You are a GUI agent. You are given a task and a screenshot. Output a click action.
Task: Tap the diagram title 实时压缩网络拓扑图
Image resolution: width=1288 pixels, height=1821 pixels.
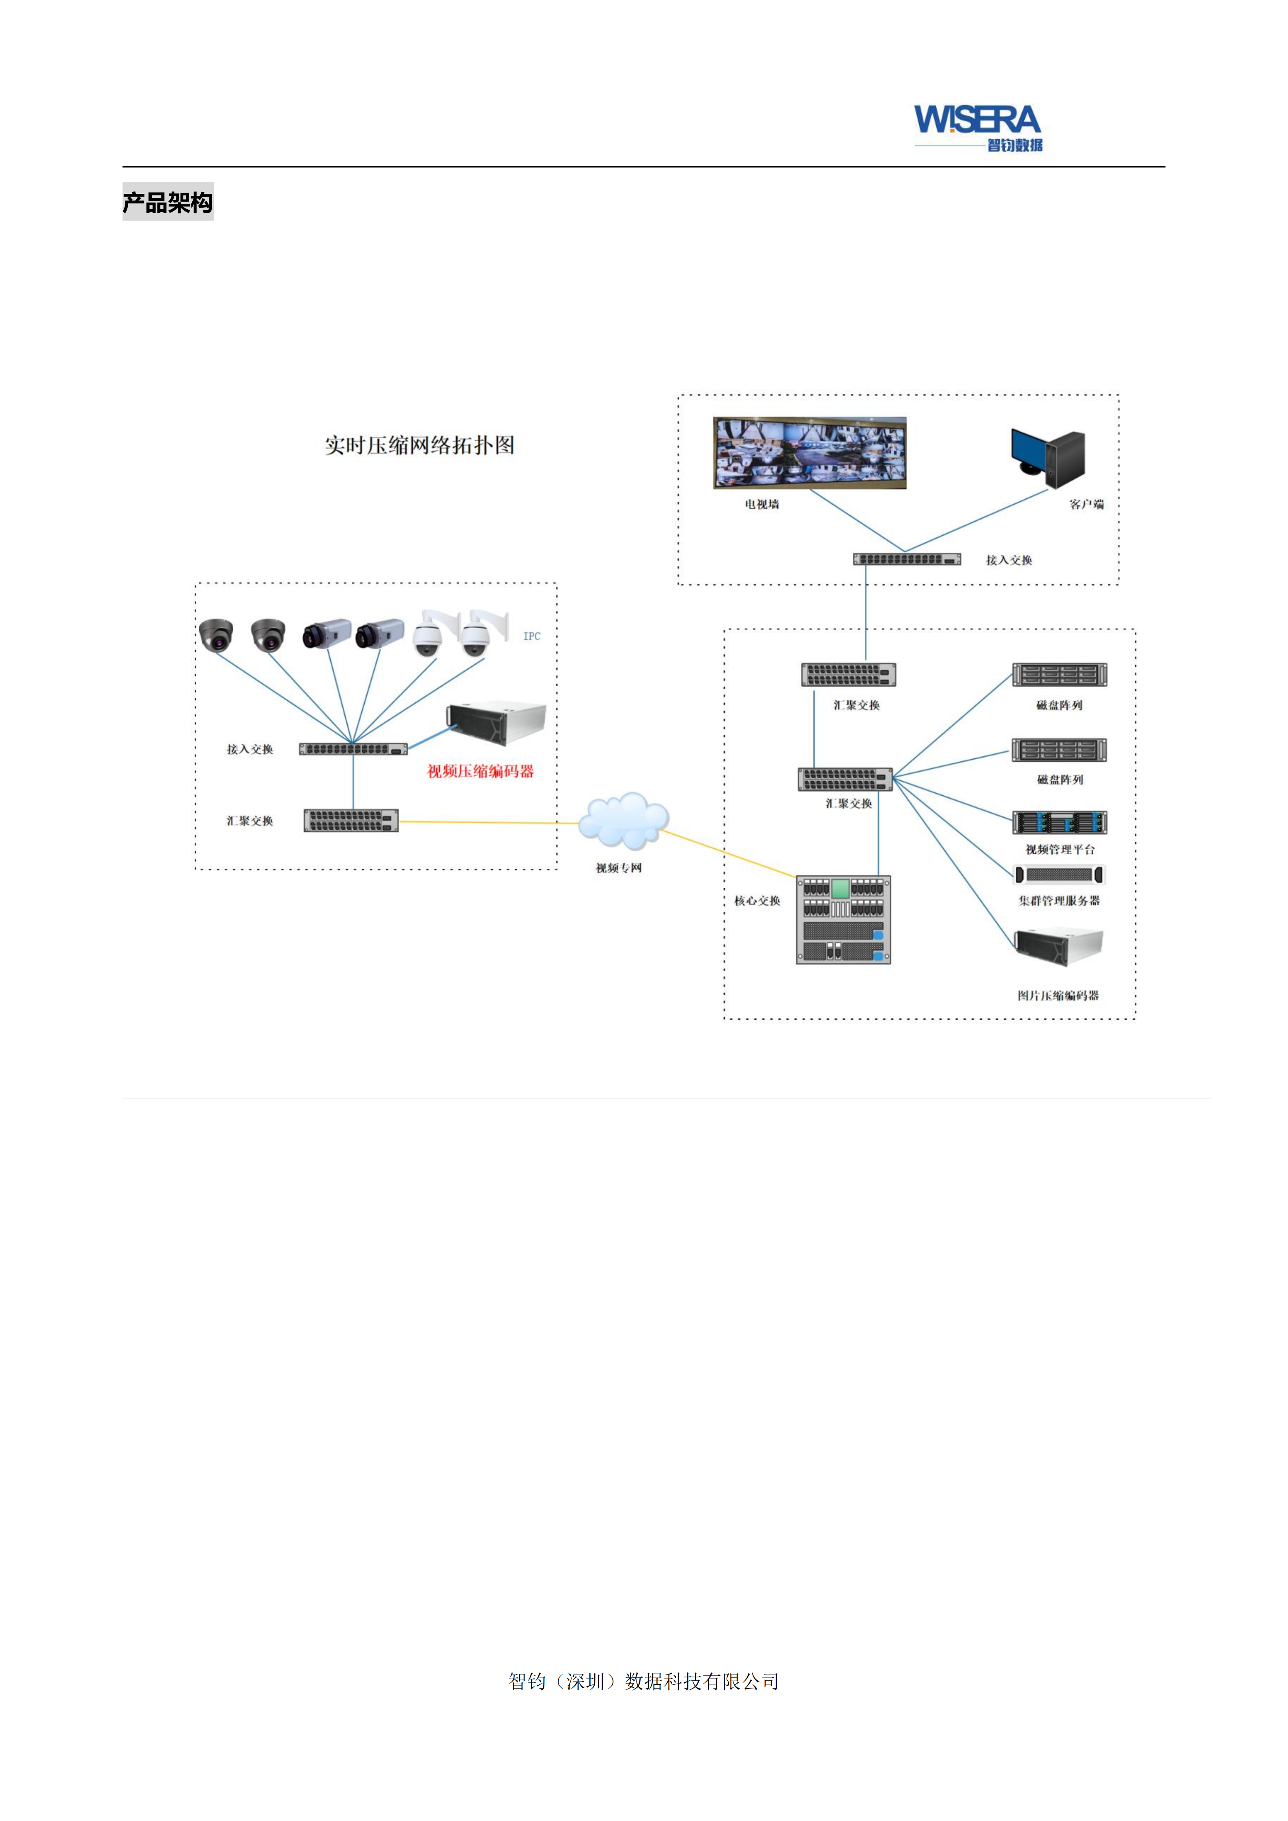[x=419, y=446]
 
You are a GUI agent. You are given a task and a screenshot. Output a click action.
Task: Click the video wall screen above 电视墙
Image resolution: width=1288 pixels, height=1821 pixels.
[x=810, y=453]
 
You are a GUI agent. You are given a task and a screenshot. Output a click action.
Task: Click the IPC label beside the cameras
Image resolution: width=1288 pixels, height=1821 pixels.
[x=531, y=636]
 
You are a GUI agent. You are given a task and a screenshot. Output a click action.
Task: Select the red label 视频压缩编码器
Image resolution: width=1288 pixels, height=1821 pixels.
[x=481, y=772]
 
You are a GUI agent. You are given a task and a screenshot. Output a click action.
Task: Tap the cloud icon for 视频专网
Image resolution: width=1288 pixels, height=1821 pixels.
[x=624, y=820]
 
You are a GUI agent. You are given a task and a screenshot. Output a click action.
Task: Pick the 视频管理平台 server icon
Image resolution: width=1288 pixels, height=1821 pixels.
[x=1060, y=822]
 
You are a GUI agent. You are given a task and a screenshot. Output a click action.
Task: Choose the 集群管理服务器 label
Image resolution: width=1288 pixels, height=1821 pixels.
[x=1060, y=901]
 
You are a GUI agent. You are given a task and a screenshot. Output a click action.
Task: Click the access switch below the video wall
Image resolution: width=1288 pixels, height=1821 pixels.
[x=907, y=559]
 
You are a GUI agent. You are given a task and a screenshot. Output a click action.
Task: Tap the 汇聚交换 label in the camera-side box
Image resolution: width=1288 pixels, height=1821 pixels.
[x=250, y=821]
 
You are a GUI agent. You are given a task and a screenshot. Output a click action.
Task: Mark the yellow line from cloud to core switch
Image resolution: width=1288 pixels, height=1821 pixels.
[x=728, y=853]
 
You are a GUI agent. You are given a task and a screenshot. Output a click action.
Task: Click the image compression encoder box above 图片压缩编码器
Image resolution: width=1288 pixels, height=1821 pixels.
[x=1060, y=946]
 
